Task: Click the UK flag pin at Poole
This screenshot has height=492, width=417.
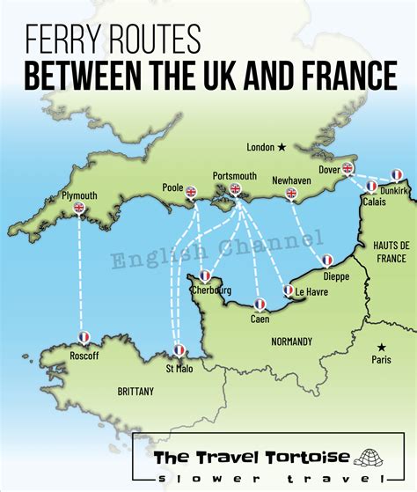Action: [193, 193]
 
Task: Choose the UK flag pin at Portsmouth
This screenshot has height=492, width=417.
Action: [235, 190]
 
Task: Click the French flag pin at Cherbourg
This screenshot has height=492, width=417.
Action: [205, 276]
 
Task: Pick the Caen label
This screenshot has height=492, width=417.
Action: [260, 319]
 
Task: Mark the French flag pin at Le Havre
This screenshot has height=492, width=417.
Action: [288, 290]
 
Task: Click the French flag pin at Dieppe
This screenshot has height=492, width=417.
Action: [326, 261]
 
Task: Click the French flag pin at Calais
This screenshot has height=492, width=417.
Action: [371, 187]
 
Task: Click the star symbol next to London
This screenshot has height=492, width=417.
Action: [282, 147]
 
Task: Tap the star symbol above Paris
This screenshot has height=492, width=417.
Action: [381, 348]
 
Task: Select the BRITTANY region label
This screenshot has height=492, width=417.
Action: [135, 391]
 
